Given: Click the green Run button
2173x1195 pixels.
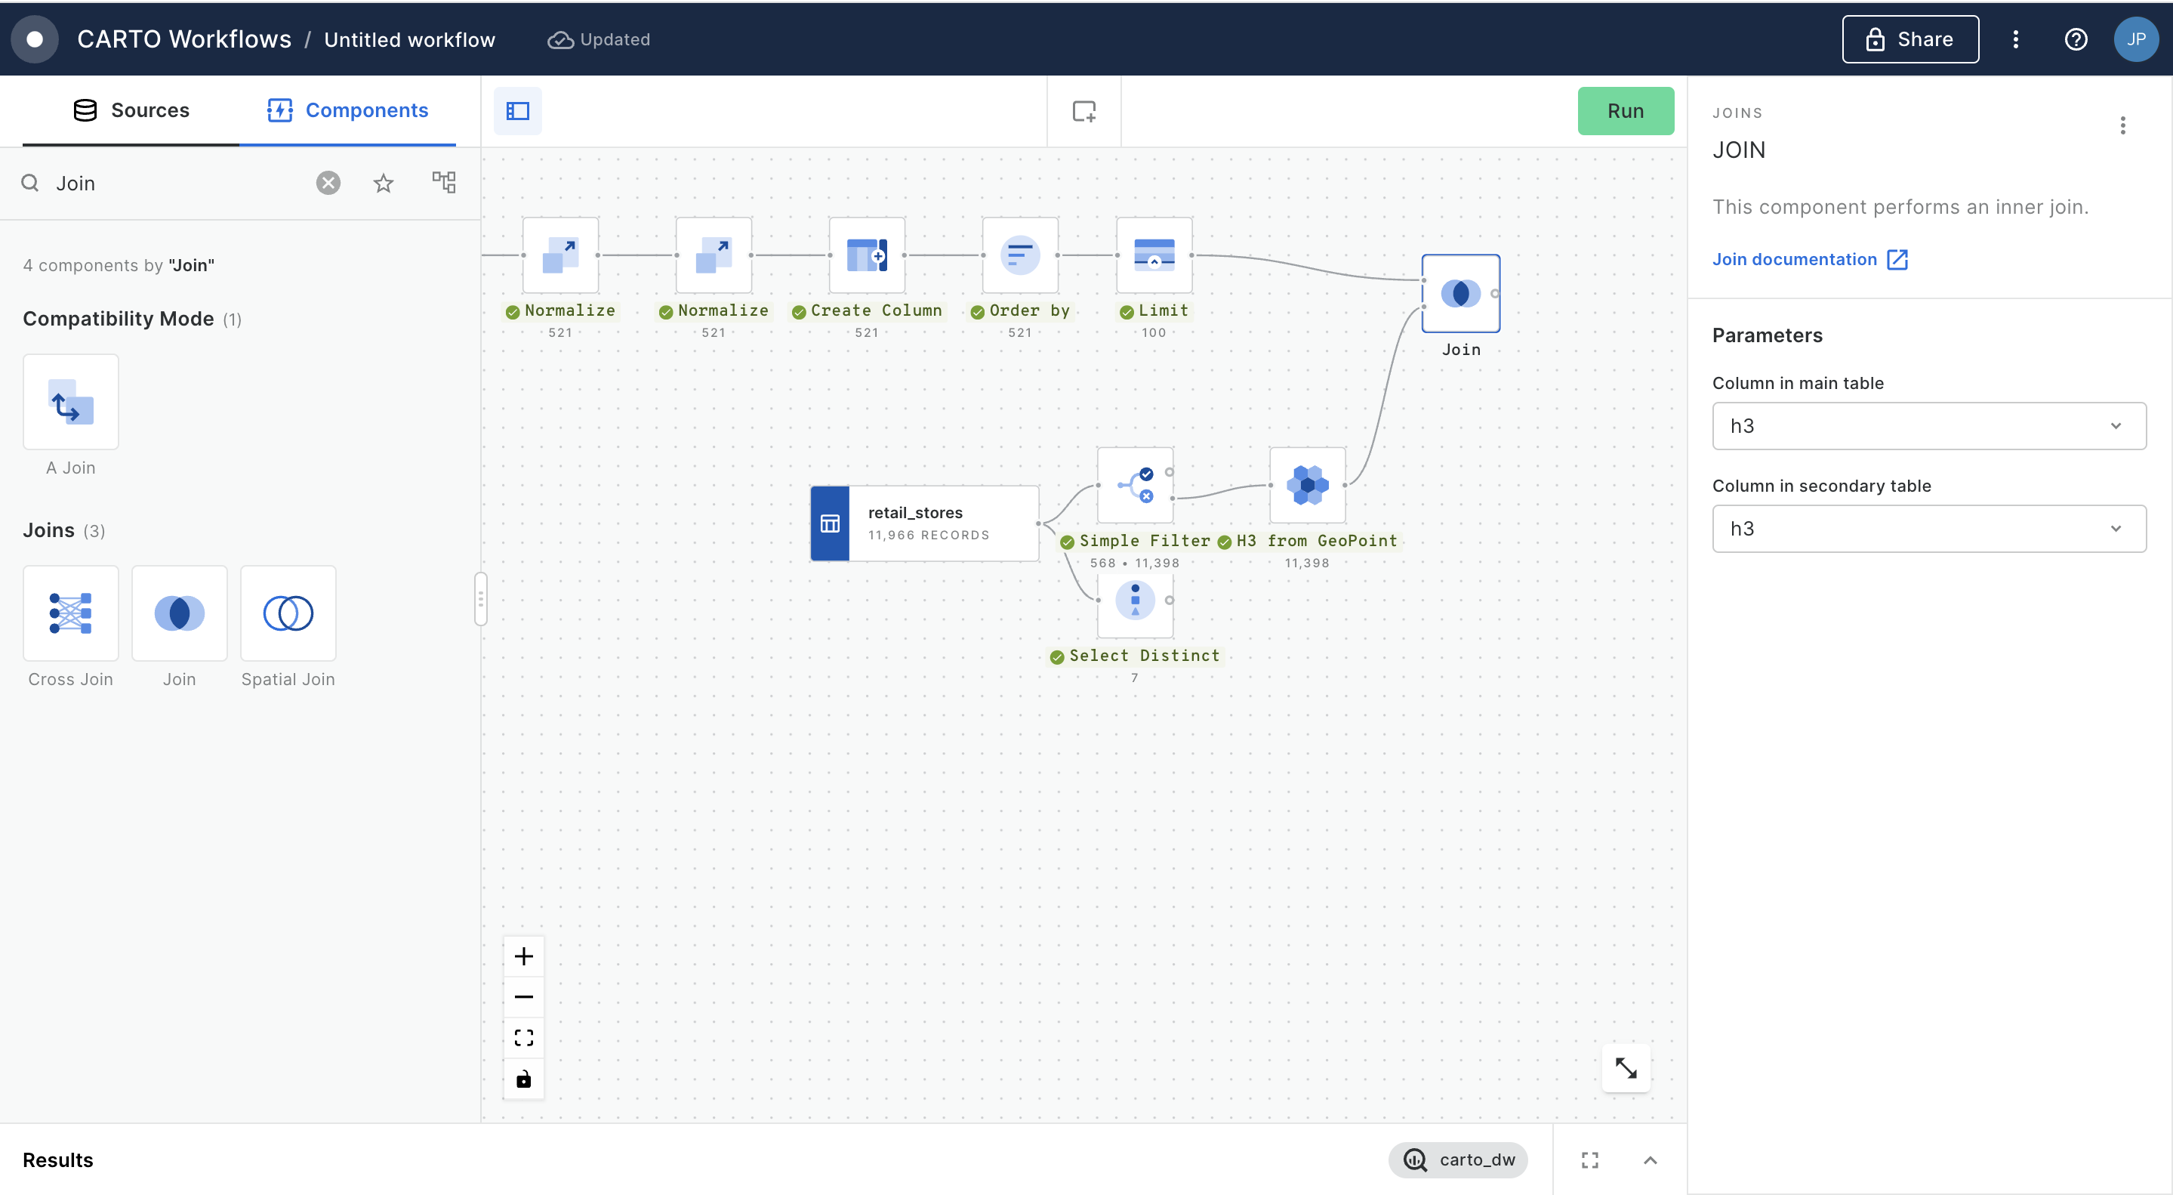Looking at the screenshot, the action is pos(1625,110).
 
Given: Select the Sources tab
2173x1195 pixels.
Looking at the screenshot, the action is pos(131,110).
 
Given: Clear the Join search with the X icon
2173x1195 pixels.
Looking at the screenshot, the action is pos(328,183).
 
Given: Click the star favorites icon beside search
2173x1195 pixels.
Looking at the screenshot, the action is pos(384,183).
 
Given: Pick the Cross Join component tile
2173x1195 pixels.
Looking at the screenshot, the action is pos(71,613).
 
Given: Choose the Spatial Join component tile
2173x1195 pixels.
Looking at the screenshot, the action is pos(288,613).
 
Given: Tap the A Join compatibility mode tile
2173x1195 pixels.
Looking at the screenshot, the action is pos(71,402).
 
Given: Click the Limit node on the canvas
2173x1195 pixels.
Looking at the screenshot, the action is pos(1154,255).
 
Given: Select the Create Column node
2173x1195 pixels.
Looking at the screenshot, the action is pos(866,255).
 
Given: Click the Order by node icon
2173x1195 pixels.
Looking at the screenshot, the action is pos(1020,255).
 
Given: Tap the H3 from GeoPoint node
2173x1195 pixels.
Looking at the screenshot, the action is pos(1308,485).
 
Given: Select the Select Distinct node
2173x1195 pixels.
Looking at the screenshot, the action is pos(1135,601).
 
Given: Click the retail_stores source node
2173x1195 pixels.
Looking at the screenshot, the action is pos(924,523).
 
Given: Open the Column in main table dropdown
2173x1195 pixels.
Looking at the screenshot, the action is pos(1928,426).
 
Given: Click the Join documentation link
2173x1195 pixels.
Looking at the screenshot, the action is pos(1809,259).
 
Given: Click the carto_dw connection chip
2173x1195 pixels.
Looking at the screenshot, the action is pos(1458,1159).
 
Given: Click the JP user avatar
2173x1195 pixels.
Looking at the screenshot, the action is pos(2136,40).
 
